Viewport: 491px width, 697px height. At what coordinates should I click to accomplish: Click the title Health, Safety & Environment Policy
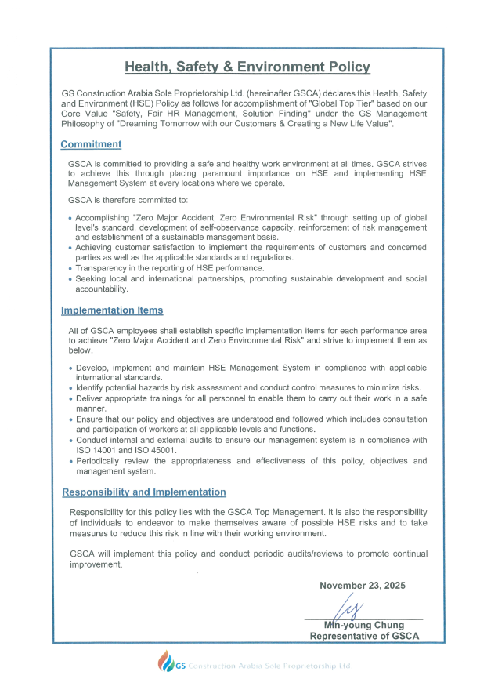pyautogui.click(x=247, y=67)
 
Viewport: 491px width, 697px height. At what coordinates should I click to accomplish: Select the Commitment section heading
pyautogui.click(x=91, y=144)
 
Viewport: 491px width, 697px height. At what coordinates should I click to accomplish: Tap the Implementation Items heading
pyautogui.click(x=112, y=310)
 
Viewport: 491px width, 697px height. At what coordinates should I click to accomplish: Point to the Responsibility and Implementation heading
pyautogui.click(x=144, y=492)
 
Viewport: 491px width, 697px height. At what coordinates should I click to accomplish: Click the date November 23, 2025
pyautogui.click(x=363, y=586)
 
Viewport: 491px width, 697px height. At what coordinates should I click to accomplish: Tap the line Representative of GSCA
pyautogui.click(x=364, y=636)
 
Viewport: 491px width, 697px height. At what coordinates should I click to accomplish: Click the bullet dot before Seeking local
pyautogui.click(x=70, y=279)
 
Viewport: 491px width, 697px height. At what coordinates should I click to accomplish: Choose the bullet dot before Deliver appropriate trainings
pyautogui.click(x=70, y=399)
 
